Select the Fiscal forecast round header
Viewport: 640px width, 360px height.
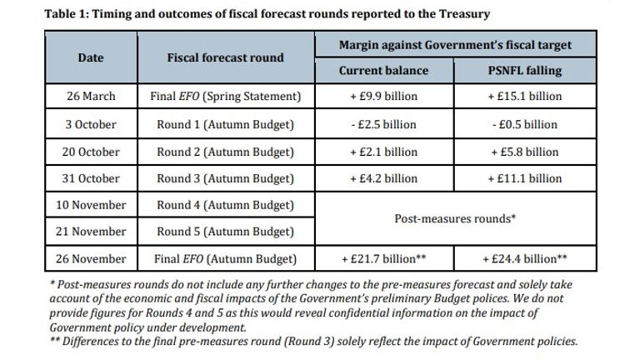pos(225,57)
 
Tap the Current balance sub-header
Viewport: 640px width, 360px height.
pos(383,71)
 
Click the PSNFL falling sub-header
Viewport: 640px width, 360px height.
pos(524,71)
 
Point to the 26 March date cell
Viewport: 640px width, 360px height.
pos(91,97)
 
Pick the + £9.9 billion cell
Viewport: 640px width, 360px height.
pos(383,97)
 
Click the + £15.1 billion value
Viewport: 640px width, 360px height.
pos(524,97)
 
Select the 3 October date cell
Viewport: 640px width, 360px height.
pos(91,124)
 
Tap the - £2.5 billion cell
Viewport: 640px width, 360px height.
pos(383,124)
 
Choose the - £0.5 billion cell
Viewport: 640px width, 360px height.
pos(524,124)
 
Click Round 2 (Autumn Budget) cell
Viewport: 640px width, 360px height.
pos(225,152)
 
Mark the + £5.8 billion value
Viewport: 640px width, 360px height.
pos(524,152)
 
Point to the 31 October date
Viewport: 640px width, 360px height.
pos(91,178)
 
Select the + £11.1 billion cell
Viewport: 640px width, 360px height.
pos(524,178)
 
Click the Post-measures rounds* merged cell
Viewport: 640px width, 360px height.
pos(455,218)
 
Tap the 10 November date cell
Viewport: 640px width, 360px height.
pos(91,205)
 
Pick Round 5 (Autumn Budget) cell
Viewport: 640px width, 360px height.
pos(225,232)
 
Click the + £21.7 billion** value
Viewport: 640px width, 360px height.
pos(383,258)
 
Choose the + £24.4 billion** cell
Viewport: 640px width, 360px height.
pos(524,258)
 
